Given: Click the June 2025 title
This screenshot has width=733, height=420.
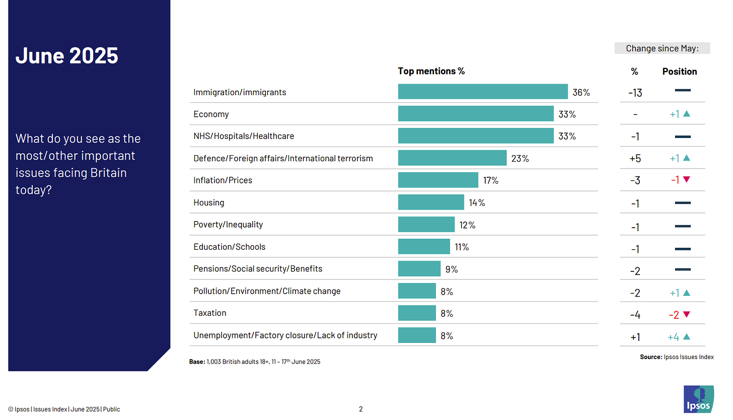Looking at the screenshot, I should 67,55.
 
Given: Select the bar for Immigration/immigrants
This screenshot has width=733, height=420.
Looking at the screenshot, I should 482,92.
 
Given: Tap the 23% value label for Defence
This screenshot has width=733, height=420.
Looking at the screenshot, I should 520,158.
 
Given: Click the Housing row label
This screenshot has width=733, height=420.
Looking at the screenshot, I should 208,202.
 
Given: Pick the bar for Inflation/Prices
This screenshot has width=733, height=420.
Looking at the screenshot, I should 437,180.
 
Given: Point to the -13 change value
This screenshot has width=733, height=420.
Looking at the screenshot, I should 635,93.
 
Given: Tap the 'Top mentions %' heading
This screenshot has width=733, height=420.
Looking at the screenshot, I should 431,71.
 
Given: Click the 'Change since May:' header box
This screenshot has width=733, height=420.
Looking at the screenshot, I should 662,48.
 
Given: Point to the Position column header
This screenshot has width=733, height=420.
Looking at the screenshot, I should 679,72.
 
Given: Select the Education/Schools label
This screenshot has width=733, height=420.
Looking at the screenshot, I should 229,247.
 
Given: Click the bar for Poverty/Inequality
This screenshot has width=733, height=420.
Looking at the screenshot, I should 426,224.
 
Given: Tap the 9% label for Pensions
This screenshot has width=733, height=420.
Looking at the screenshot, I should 451,269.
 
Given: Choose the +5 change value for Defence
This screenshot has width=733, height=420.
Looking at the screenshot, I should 635,159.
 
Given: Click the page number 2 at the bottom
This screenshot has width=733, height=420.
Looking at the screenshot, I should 360,409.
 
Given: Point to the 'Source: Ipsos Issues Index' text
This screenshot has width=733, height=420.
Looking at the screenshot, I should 677,357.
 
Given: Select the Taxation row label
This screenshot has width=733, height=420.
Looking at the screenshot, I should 209,313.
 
